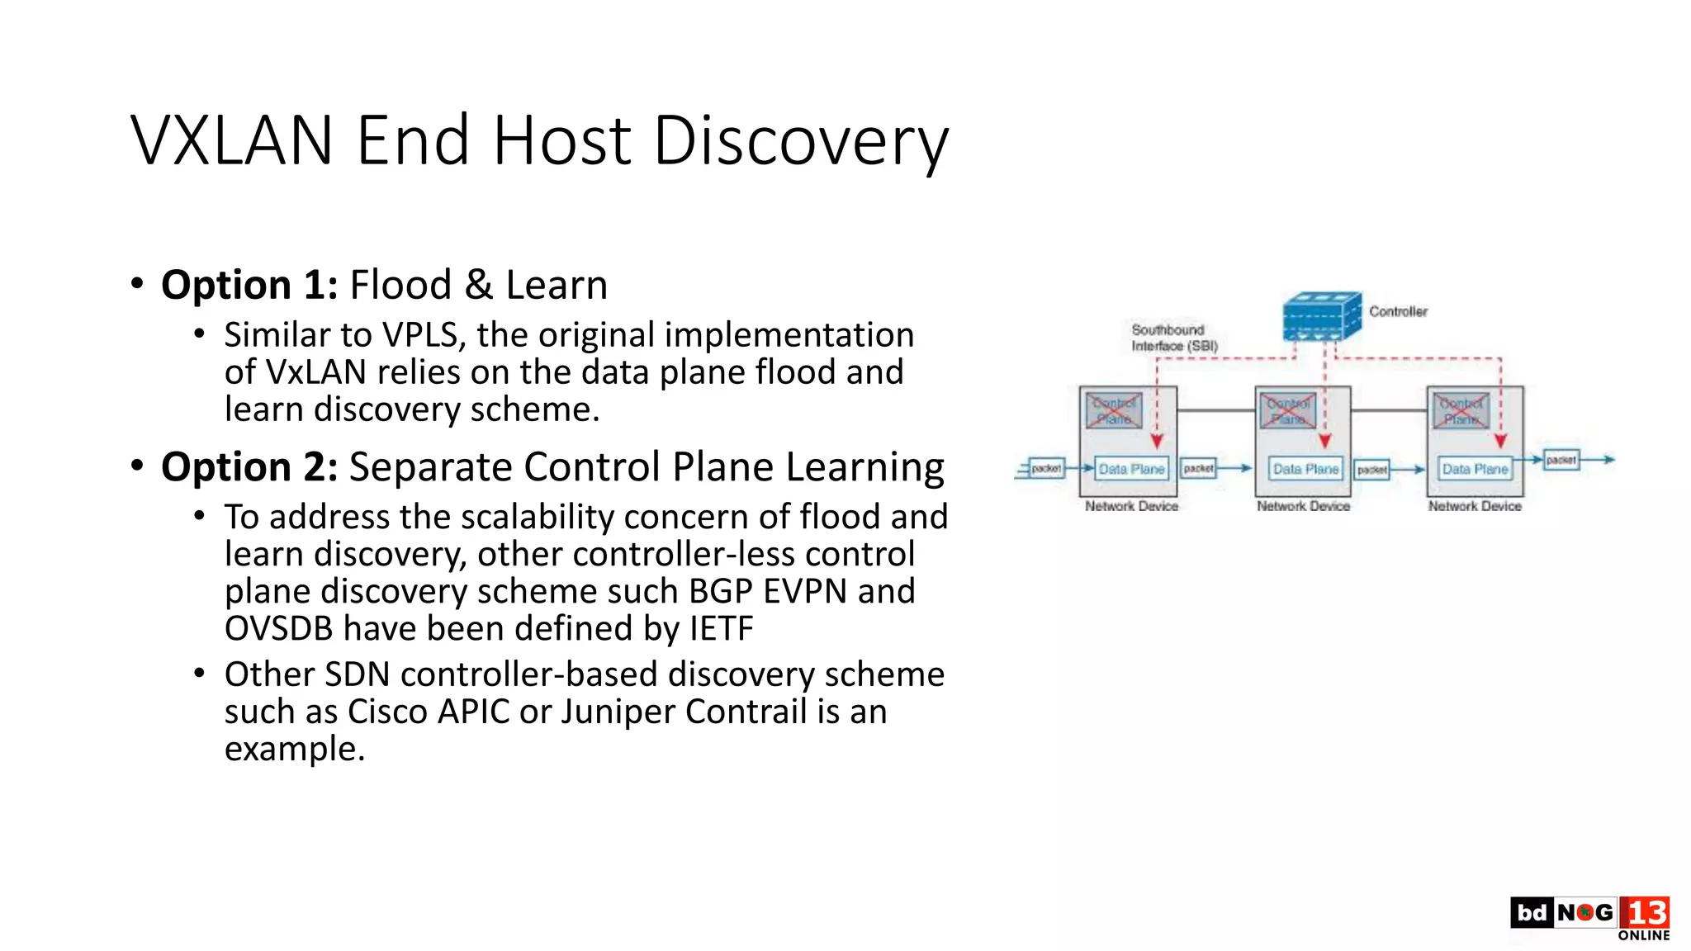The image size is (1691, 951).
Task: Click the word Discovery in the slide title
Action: coord(800,141)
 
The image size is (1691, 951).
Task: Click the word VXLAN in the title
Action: coord(231,141)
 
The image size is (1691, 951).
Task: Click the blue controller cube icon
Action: coord(1322,316)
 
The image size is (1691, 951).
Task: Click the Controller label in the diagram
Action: coord(1398,311)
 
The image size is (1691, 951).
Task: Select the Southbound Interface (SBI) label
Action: coord(1173,338)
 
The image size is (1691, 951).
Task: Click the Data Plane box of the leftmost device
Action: coord(1131,469)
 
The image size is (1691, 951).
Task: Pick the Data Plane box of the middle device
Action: coord(1305,469)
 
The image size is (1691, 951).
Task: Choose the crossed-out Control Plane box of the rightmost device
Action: coord(1461,410)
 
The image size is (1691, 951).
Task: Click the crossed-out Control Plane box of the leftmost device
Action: coord(1114,410)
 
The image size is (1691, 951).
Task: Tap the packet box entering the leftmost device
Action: coord(1045,469)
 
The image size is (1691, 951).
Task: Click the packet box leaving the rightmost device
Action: coord(1561,460)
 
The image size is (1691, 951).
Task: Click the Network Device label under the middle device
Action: coord(1303,506)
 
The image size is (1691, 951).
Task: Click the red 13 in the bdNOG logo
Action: coord(1645,913)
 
